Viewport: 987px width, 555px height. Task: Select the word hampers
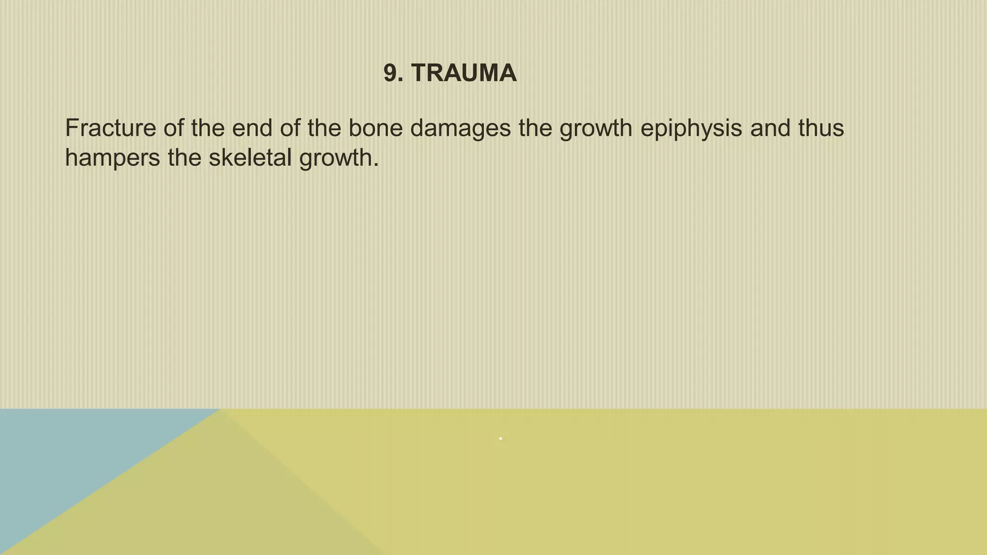pyautogui.click(x=112, y=159)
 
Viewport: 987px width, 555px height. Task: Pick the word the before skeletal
pyautogui.click(x=184, y=158)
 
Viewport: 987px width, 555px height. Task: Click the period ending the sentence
pyautogui.click(x=376, y=165)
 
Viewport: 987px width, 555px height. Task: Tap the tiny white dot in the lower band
pyautogui.click(x=501, y=438)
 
